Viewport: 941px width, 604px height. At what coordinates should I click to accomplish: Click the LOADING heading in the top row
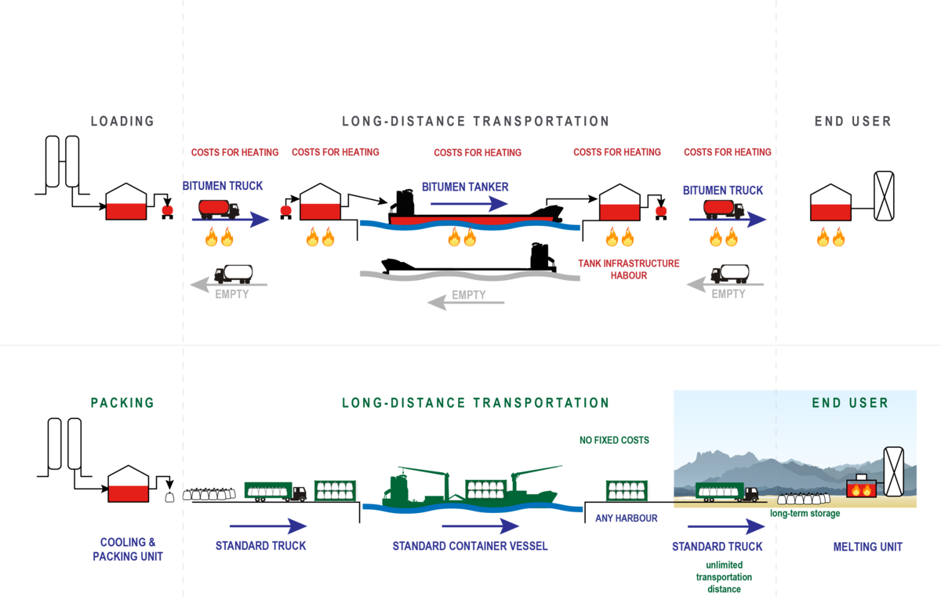pyautogui.click(x=122, y=122)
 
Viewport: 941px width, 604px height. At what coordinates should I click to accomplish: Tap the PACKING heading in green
pyautogui.click(x=122, y=403)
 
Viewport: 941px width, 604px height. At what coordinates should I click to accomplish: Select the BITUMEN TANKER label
pyautogui.click(x=465, y=187)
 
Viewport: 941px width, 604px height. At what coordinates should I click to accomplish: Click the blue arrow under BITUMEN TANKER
pyautogui.click(x=469, y=204)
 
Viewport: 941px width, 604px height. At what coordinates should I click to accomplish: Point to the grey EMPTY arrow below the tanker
pyautogui.click(x=465, y=301)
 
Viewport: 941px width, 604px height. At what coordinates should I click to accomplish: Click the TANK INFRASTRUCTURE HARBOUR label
pyautogui.click(x=628, y=269)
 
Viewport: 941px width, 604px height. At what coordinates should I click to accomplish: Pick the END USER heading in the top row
pyautogui.click(x=852, y=122)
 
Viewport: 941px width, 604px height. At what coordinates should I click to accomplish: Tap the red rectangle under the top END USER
pyautogui.click(x=830, y=211)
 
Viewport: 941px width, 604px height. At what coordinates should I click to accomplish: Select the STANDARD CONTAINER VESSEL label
pyautogui.click(x=470, y=546)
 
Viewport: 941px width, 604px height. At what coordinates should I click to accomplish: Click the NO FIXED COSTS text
pyautogui.click(x=614, y=441)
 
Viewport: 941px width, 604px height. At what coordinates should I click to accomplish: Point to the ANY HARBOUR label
pyautogui.click(x=626, y=518)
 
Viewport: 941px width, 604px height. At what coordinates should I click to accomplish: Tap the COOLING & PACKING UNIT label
pyautogui.click(x=128, y=549)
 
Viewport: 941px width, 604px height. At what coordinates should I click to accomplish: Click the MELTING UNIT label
pyautogui.click(x=867, y=547)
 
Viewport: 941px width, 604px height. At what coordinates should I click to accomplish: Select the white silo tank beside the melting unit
pyautogui.click(x=893, y=471)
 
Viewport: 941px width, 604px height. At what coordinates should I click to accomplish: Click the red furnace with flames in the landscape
pyautogui.click(x=861, y=487)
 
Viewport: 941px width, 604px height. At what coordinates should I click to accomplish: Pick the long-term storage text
pyautogui.click(x=805, y=514)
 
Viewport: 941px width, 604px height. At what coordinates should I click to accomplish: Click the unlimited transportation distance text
pyautogui.click(x=723, y=577)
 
